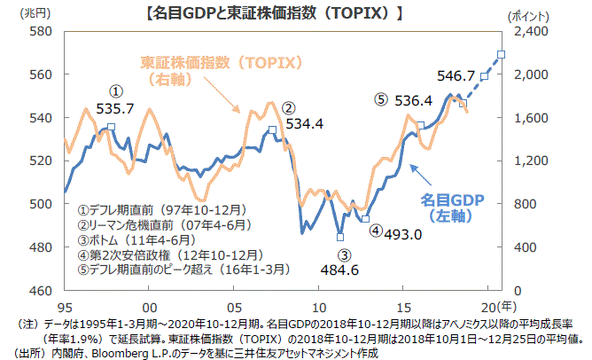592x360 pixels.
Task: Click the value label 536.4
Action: (x=413, y=100)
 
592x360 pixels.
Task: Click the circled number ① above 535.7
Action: (x=115, y=91)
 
